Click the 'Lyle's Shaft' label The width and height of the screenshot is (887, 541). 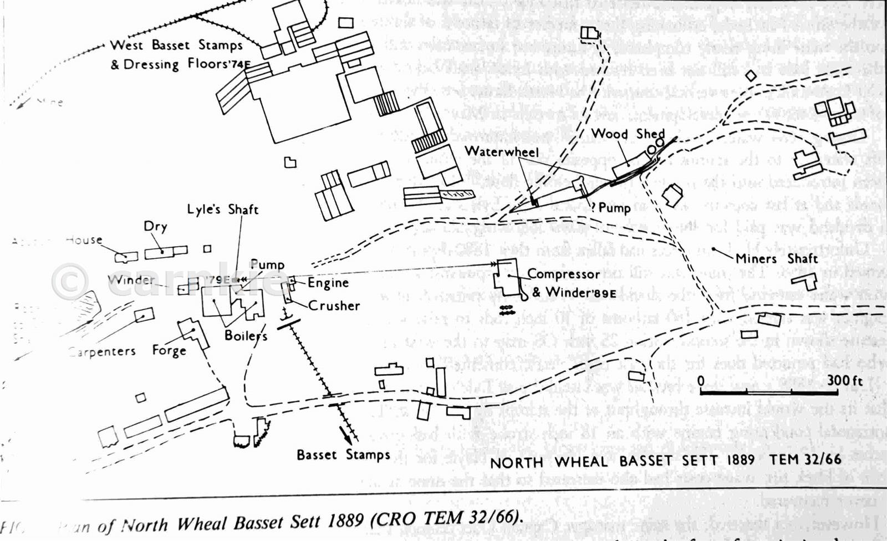(x=222, y=210)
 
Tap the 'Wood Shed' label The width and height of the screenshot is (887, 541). (x=628, y=134)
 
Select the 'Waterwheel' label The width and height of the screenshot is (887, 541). (x=501, y=151)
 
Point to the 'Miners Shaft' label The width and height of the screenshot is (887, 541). (x=776, y=259)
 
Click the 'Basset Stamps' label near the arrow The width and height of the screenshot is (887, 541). (x=343, y=455)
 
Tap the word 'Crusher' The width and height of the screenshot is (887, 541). (x=334, y=305)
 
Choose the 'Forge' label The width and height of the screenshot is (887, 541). (x=169, y=350)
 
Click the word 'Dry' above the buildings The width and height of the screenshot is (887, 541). (x=155, y=226)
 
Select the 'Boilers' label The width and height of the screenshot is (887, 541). (x=246, y=335)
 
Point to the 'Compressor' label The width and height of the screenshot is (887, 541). (x=563, y=274)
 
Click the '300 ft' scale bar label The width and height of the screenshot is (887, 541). (x=845, y=380)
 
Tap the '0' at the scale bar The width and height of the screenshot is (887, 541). (x=701, y=381)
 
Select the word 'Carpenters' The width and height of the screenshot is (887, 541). (x=103, y=351)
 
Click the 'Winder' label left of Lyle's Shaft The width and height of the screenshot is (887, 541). (x=131, y=279)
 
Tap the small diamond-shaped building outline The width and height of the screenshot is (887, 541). (x=751, y=75)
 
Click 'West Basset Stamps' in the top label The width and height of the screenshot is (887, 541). (x=176, y=45)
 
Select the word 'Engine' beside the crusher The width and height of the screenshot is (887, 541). (x=328, y=283)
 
